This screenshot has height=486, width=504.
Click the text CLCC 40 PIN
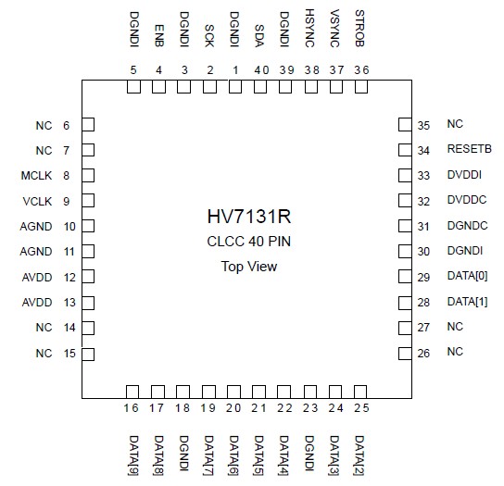pos(249,243)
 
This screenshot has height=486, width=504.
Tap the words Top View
pos(249,267)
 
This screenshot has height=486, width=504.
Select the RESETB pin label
pos(468,149)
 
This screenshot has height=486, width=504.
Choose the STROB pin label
pos(360,27)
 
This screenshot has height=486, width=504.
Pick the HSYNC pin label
pos(309,27)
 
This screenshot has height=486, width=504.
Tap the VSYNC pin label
pos(335,27)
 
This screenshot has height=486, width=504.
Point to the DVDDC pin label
pos(465,200)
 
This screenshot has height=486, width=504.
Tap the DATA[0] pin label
pos(467,276)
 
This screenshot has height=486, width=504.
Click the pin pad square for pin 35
pos(404,124)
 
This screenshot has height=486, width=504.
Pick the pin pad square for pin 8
pos(89,175)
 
